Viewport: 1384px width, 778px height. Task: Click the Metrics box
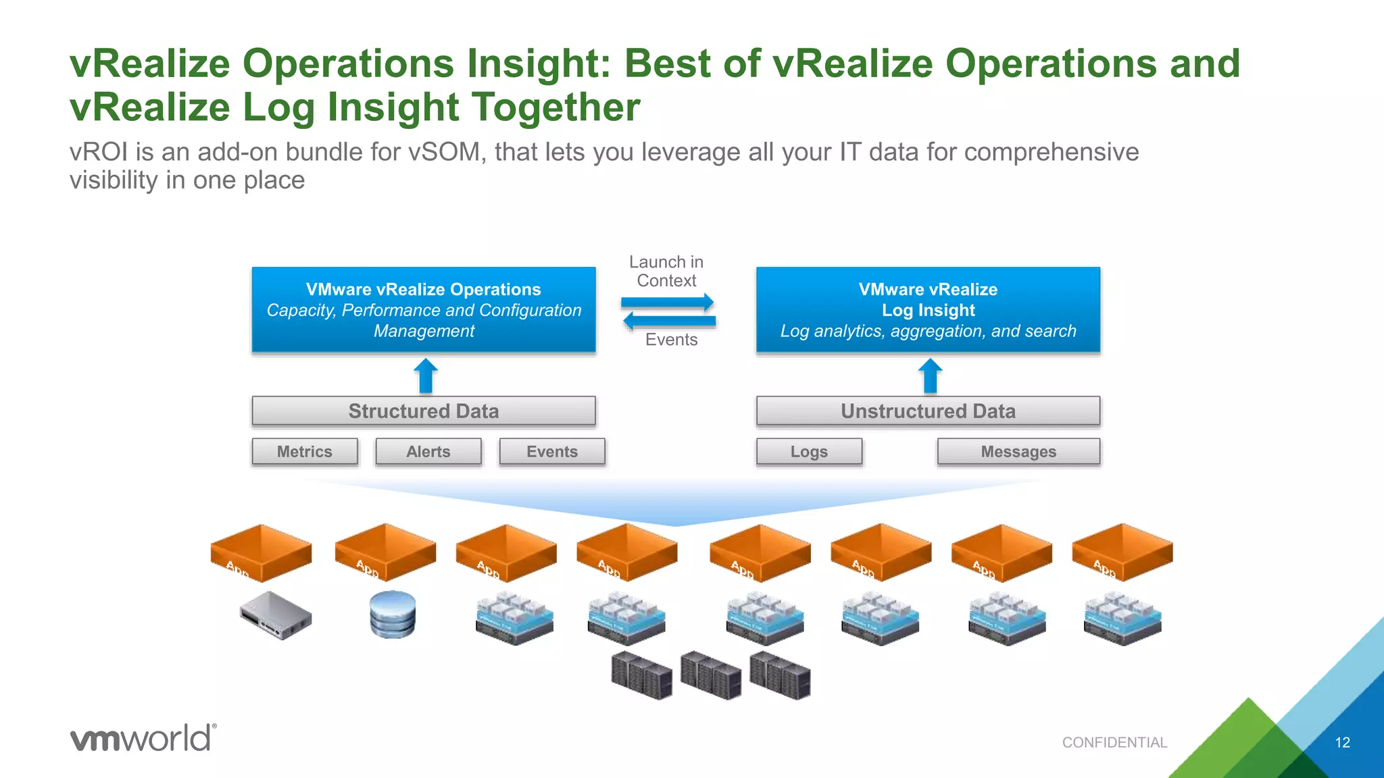click(x=305, y=452)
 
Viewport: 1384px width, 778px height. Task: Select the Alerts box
click(x=428, y=452)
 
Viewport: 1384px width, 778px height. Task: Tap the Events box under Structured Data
click(x=552, y=452)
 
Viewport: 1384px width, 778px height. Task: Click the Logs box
click(x=809, y=452)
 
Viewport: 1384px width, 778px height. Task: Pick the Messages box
click(x=1018, y=452)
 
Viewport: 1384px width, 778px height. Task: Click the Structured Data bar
click(x=424, y=411)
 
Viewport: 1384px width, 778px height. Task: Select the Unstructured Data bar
click(x=928, y=411)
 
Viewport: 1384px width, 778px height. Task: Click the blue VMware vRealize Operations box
click(x=424, y=310)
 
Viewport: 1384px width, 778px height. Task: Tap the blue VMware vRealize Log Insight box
click(x=928, y=310)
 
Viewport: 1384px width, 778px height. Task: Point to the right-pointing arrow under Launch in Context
click(x=668, y=302)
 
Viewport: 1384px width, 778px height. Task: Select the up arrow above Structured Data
click(x=426, y=375)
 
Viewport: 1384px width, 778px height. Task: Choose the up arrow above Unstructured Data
click(x=930, y=375)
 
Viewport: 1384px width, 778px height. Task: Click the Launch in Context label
click(x=666, y=271)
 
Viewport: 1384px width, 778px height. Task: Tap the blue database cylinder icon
click(x=393, y=614)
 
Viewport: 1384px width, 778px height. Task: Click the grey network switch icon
click(x=276, y=615)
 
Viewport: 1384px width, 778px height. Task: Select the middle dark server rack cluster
click(x=711, y=675)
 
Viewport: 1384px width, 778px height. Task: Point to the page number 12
click(x=1342, y=743)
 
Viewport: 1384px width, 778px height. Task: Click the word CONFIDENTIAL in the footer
click(x=1114, y=743)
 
